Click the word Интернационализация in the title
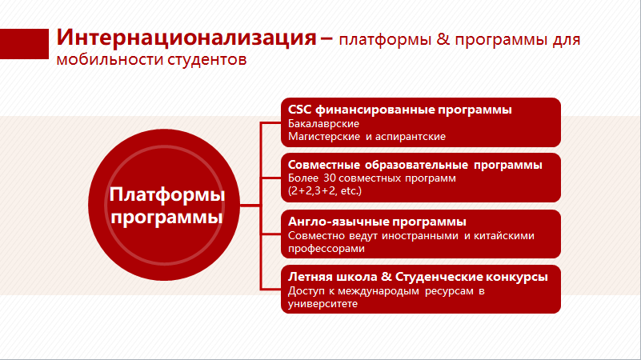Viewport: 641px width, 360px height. pos(186,37)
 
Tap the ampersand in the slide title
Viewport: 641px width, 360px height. pos(443,39)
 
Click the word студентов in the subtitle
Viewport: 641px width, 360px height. pos(206,60)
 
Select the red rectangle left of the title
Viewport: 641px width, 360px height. pos(24,44)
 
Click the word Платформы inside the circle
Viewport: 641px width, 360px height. pos(167,194)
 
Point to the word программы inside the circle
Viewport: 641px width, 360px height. pos(166,217)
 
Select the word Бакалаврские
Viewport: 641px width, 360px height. pos(324,123)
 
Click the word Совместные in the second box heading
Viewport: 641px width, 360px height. pos(324,165)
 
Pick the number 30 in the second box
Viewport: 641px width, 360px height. pos(329,178)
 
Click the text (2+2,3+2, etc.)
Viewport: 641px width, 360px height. pos(325,191)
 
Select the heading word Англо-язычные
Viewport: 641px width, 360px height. pos(339,222)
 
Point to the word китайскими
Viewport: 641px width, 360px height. pos(503,236)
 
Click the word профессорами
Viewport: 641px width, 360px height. pos(327,249)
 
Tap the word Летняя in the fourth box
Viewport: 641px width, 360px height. pos(310,277)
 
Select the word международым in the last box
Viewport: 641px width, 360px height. pos(379,291)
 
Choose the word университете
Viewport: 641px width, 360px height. pos(323,304)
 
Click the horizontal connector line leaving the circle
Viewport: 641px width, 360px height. pos(250,205)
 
